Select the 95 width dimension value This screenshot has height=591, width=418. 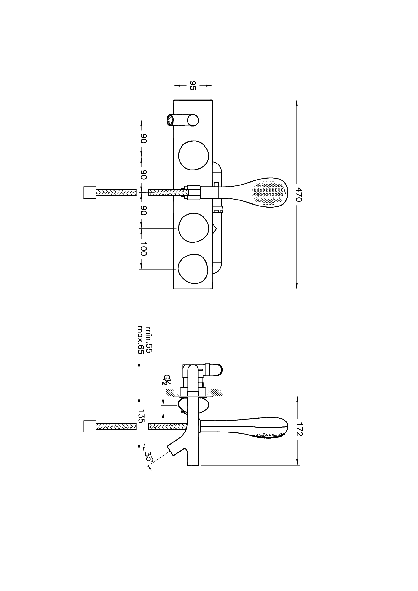pos(193,85)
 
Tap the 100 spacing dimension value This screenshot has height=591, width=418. pos(143,249)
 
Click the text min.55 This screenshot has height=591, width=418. pos(149,340)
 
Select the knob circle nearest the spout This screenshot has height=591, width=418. pos(193,155)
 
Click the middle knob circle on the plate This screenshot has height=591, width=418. pos(193,227)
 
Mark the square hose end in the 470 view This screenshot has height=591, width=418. pos(90,193)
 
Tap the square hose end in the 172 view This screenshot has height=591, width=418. pos(90,427)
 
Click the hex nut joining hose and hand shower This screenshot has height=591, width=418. pos(194,193)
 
